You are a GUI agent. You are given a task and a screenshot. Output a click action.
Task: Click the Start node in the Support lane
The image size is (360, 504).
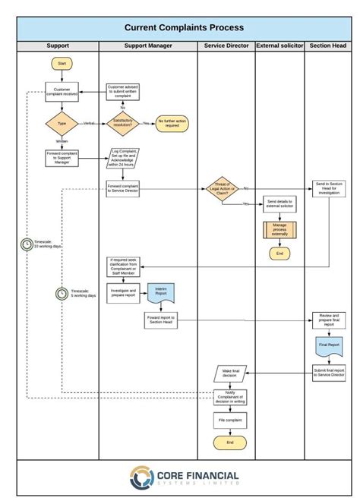click(x=62, y=64)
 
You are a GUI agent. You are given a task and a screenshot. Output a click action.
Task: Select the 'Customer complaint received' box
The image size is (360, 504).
click(x=62, y=93)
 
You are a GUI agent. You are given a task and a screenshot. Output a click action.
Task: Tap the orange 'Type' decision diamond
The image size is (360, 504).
click(x=62, y=123)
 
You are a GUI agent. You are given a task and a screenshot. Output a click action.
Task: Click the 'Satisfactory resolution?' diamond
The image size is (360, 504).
click(x=122, y=123)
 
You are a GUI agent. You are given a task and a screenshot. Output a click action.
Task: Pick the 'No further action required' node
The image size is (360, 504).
click(x=172, y=124)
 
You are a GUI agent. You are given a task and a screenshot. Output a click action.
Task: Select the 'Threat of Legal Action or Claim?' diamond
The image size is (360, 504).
click(x=223, y=188)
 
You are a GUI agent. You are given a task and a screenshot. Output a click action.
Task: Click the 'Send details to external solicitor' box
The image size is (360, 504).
click(x=279, y=205)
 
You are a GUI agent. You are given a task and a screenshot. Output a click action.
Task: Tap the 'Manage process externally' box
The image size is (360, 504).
click(x=279, y=230)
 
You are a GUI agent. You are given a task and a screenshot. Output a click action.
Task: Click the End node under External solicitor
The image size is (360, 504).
click(x=279, y=254)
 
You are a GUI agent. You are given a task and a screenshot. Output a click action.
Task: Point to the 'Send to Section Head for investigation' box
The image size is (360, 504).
click(x=329, y=189)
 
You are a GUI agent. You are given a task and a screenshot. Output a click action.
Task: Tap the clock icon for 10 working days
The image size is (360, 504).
click(x=27, y=244)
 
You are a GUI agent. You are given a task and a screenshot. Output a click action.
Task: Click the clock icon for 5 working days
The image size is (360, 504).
click(x=62, y=293)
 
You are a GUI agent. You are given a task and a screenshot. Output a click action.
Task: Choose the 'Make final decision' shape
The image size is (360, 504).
click(x=231, y=373)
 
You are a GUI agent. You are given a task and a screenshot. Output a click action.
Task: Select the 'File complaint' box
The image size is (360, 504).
click(x=230, y=420)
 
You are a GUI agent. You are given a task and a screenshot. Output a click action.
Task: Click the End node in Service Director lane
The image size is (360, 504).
click(x=230, y=443)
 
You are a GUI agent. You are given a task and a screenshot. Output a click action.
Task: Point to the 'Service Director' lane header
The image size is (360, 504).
click(x=226, y=46)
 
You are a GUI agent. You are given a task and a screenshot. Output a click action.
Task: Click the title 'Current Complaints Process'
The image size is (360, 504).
click(x=185, y=27)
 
